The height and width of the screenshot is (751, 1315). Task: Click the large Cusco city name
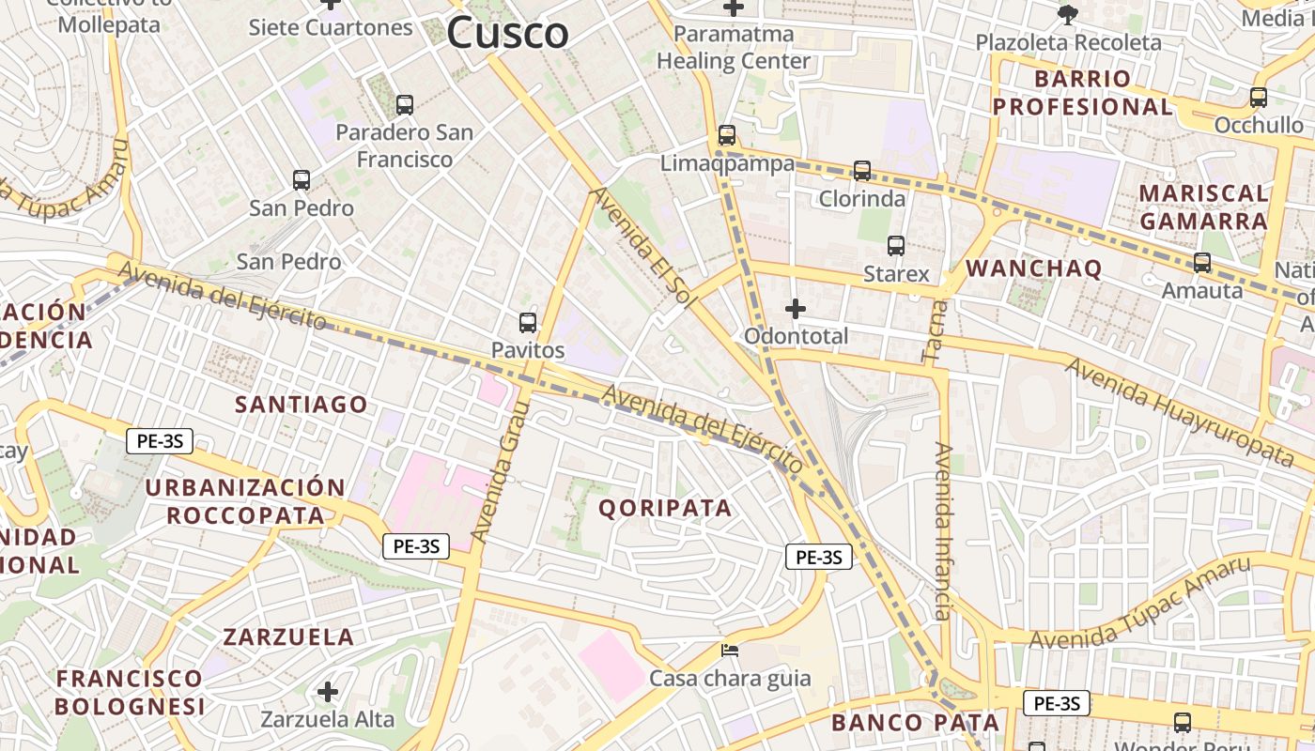tap(507, 34)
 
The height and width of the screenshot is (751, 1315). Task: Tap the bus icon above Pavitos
tap(528, 323)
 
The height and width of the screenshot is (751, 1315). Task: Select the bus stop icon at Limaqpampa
tap(727, 135)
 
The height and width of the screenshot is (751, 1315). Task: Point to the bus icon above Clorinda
tap(862, 171)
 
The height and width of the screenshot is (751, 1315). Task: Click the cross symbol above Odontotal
tap(796, 308)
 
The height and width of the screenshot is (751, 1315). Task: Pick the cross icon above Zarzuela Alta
tap(328, 692)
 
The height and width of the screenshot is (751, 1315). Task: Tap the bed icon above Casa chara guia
tap(730, 650)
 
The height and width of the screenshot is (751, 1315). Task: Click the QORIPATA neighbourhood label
tap(665, 508)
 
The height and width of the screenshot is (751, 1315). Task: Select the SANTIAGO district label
tap(301, 405)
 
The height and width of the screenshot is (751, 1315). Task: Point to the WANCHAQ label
tap(1033, 268)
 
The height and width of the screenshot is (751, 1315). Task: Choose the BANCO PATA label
tap(915, 723)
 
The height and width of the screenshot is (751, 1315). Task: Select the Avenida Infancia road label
tap(943, 531)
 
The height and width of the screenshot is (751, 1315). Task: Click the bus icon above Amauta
tap(1202, 263)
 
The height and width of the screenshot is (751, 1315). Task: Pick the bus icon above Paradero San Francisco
tap(405, 105)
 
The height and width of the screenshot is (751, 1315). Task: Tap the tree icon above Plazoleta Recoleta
tap(1067, 14)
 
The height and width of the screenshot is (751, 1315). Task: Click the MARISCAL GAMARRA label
tap(1203, 207)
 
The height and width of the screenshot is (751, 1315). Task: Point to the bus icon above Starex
tap(896, 246)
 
